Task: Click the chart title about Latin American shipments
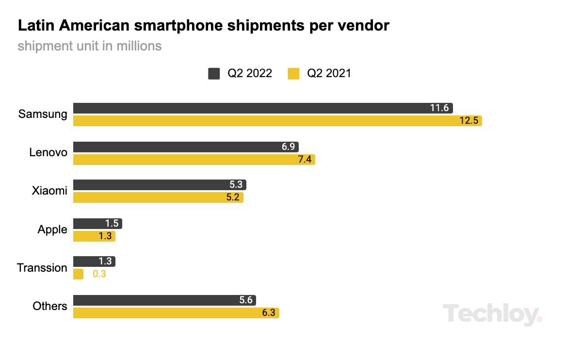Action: point(203,26)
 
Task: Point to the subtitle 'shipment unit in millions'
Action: point(90,46)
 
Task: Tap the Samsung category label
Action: point(43,114)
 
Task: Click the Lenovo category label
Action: point(48,152)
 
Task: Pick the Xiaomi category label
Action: point(49,191)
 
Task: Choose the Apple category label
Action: point(52,229)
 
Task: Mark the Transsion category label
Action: point(42,267)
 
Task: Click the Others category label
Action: point(50,306)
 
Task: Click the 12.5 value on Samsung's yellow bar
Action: point(469,120)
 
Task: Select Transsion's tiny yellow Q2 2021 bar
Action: point(78,274)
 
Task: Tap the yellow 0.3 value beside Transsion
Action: point(99,274)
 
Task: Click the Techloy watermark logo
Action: point(492,314)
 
